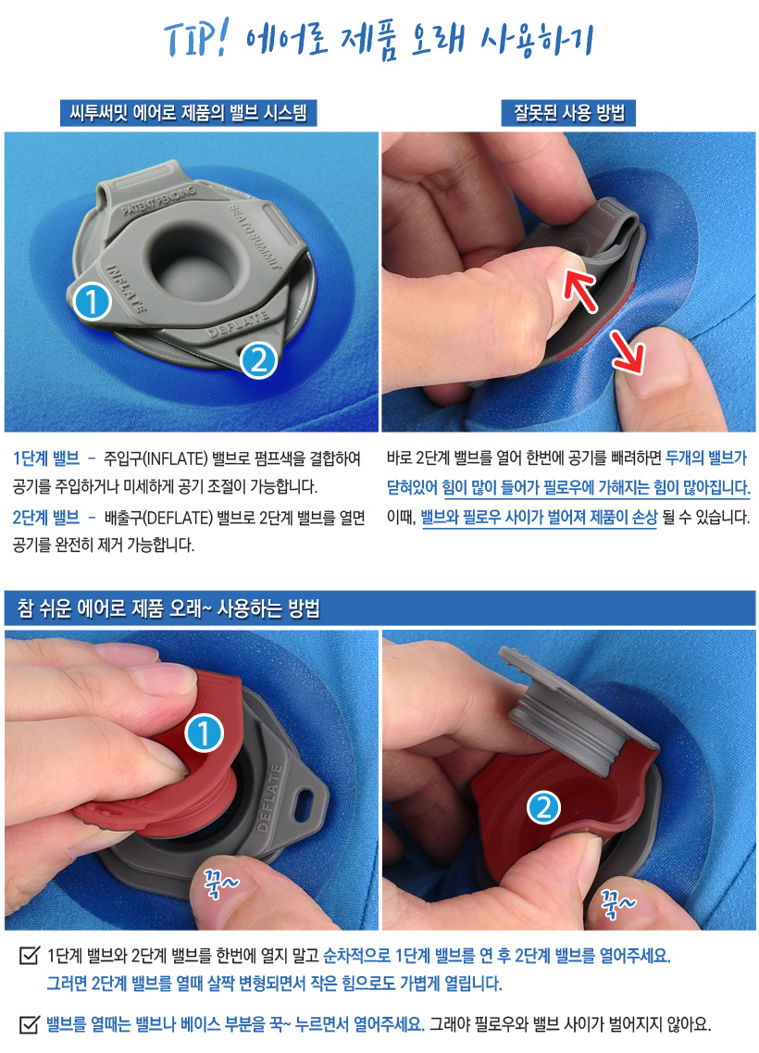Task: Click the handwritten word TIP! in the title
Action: pyautogui.click(x=197, y=40)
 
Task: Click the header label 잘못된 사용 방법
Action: pyautogui.click(x=568, y=113)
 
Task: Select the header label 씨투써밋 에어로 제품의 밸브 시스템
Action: pyautogui.click(x=188, y=112)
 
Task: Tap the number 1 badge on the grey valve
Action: pyautogui.click(x=92, y=302)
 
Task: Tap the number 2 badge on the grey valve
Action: pyautogui.click(x=258, y=359)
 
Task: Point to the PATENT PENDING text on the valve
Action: pyautogui.click(x=159, y=200)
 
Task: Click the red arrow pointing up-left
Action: pyautogui.click(x=579, y=289)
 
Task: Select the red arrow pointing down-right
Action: pyautogui.click(x=628, y=352)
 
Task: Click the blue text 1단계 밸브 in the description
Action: pyautogui.click(x=46, y=458)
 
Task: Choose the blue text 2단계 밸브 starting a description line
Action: pyautogui.click(x=46, y=517)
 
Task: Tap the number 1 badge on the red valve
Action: pyautogui.click(x=204, y=733)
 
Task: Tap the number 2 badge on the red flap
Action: pyautogui.click(x=543, y=808)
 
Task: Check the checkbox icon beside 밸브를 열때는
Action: pyautogui.click(x=29, y=1023)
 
